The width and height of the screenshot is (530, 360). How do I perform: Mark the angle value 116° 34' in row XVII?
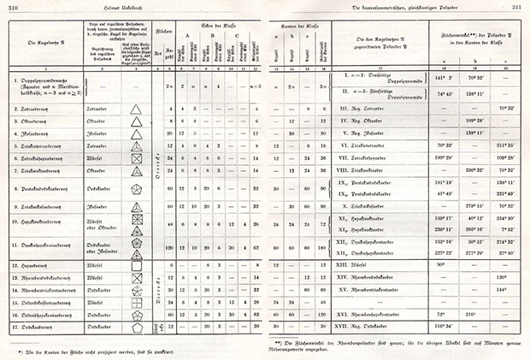click(445, 327)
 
